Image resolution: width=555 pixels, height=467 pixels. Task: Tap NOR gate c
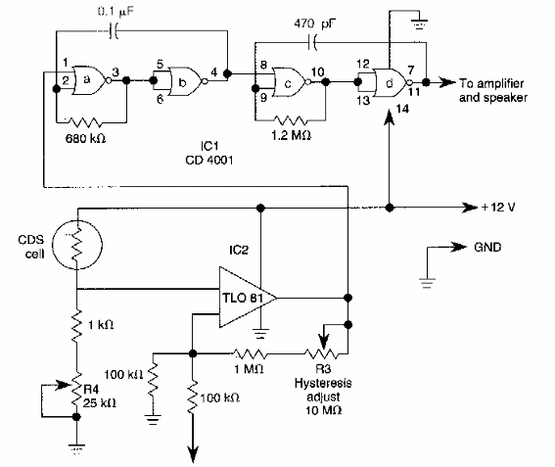pyautogui.click(x=291, y=85)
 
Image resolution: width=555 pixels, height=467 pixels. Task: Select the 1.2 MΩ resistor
pyautogui.click(x=292, y=122)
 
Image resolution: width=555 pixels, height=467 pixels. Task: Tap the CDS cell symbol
pyautogui.click(x=76, y=246)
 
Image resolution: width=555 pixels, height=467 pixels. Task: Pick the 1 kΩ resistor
pyautogui.click(x=76, y=324)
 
